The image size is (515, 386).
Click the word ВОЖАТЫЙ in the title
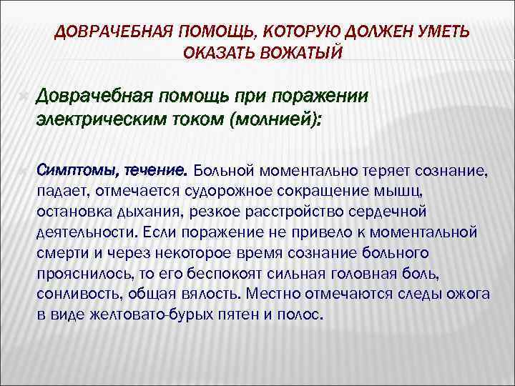click(304, 53)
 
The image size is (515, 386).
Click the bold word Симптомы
click(79, 172)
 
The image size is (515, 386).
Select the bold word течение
click(156, 172)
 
